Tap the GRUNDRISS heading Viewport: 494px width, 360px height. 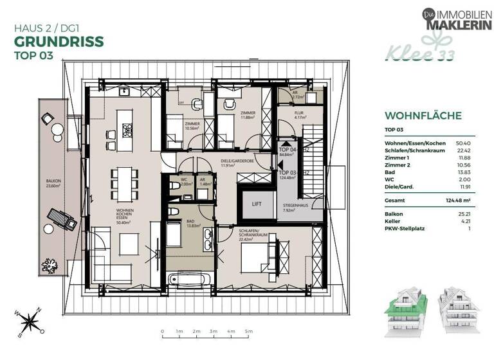pyautogui.click(x=59, y=42)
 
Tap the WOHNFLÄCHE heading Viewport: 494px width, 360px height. pyautogui.click(x=423, y=116)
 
